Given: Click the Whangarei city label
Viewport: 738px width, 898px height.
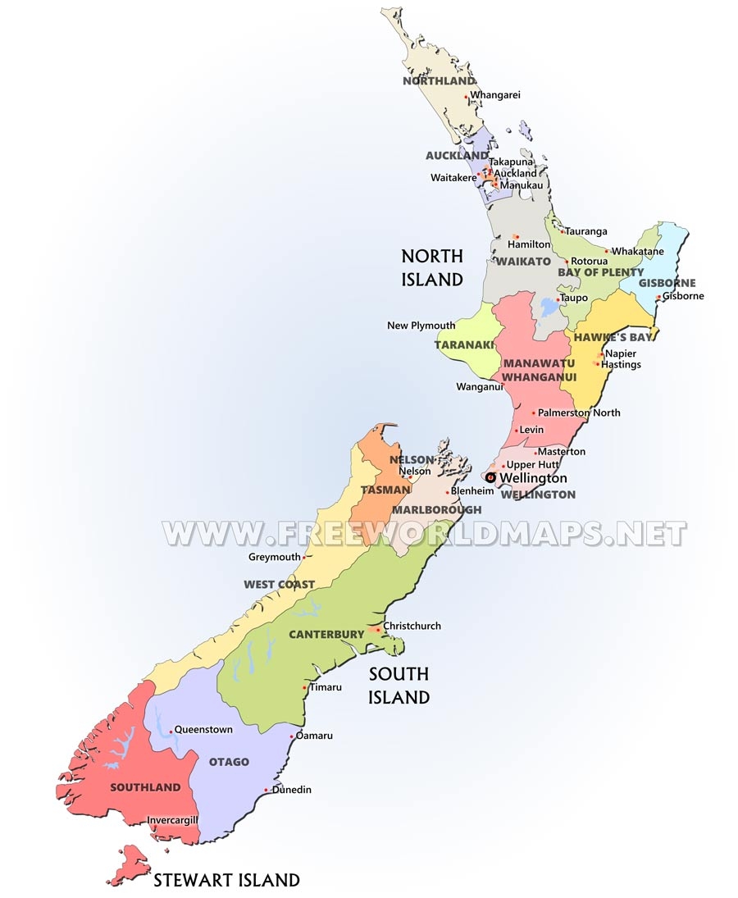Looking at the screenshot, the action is tap(495, 95).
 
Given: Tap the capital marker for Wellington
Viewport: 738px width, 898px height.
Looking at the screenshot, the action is tap(490, 477).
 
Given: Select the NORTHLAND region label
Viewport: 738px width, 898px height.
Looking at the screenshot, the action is tap(440, 81).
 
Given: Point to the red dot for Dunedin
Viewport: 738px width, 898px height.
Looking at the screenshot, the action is tap(266, 791).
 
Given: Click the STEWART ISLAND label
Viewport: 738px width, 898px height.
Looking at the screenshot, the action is tap(227, 881).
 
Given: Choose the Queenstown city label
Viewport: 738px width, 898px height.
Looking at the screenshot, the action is tap(204, 729).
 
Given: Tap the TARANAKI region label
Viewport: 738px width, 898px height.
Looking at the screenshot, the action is tap(464, 344).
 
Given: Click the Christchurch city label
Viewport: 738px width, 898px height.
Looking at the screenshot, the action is tap(412, 626).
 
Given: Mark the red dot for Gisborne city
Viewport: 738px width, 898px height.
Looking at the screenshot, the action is tap(658, 298).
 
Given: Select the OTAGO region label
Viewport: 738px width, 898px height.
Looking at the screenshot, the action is tap(229, 762).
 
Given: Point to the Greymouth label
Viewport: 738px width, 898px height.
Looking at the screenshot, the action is tap(275, 557).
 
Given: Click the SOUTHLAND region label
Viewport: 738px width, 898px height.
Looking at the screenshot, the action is tap(145, 787).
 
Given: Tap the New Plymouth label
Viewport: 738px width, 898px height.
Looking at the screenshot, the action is tap(421, 326).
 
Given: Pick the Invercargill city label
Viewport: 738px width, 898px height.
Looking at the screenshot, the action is tap(173, 820).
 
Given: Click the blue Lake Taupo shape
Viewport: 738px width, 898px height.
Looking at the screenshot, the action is tap(547, 308).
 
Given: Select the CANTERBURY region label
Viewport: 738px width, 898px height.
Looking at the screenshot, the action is tap(326, 634).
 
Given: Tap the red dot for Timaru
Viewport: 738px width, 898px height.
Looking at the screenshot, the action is tap(304, 687).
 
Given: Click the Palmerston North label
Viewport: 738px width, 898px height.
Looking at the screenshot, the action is tap(579, 413).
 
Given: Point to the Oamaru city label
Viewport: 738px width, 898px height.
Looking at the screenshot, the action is tap(315, 736).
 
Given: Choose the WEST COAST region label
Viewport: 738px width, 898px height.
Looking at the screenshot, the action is tap(279, 584).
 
